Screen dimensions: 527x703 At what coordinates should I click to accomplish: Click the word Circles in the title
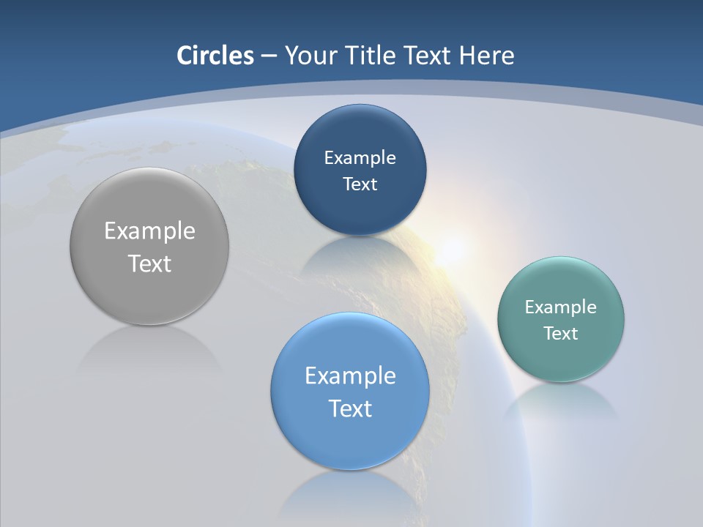[215, 56]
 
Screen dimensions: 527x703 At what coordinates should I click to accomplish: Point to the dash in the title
[269, 56]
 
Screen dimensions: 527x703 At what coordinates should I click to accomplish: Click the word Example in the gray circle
[149, 231]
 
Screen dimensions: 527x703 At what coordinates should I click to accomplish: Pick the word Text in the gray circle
[149, 263]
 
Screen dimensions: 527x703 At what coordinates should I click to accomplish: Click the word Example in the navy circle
[360, 158]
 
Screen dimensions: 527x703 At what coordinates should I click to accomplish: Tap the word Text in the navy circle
[360, 184]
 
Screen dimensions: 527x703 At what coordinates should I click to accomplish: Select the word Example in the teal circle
[561, 307]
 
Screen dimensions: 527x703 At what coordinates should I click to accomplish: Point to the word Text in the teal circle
[561, 334]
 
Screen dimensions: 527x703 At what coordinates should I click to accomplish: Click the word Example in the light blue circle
[350, 376]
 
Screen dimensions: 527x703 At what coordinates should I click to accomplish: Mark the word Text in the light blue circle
[350, 408]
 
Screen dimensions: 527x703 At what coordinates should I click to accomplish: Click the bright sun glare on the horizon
[451, 249]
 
